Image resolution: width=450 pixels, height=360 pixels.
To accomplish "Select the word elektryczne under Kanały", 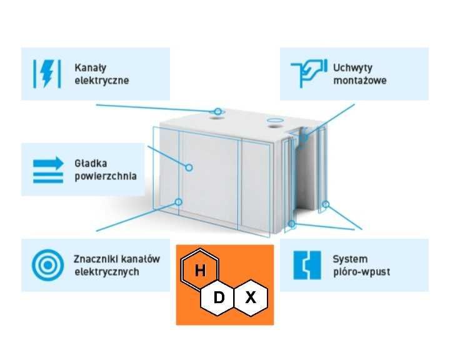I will (102, 80).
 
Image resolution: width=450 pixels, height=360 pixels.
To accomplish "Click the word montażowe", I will (360, 80).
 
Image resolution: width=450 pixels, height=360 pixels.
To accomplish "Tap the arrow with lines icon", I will (48, 169).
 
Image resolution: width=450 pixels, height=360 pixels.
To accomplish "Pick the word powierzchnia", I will (105, 176).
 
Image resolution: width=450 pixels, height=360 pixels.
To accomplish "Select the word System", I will (350, 259).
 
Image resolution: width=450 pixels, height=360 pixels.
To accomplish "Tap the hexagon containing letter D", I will (219, 297).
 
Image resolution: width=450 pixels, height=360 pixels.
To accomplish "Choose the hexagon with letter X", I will (251, 297).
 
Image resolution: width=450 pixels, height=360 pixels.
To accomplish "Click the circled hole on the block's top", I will (217, 112).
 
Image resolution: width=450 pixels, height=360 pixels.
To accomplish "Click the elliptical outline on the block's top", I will (275, 120).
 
